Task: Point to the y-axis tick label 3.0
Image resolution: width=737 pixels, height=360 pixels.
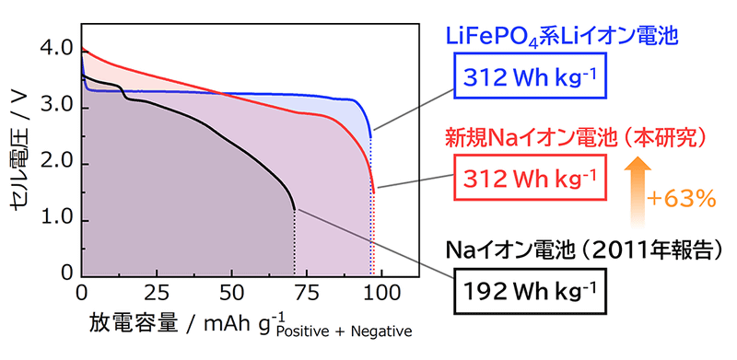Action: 56,108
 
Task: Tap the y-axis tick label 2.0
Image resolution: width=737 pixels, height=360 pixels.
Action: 56,164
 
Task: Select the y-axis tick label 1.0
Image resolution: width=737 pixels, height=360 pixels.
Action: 56,221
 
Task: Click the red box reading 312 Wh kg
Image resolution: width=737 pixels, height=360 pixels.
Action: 529,176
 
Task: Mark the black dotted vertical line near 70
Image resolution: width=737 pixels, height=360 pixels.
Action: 295,244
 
